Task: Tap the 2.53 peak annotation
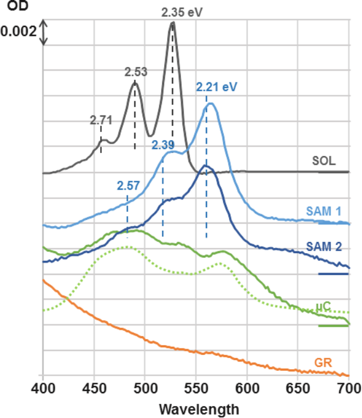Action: (x=135, y=72)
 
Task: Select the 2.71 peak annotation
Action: (x=100, y=120)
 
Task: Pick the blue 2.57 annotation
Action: (x=128, y=186)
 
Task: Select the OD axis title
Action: (x=15, y=5)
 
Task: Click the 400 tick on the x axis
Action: (x=42, y=389)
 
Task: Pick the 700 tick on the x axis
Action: (x=348, y=389)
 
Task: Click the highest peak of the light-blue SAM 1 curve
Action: (x=211, y=104)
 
